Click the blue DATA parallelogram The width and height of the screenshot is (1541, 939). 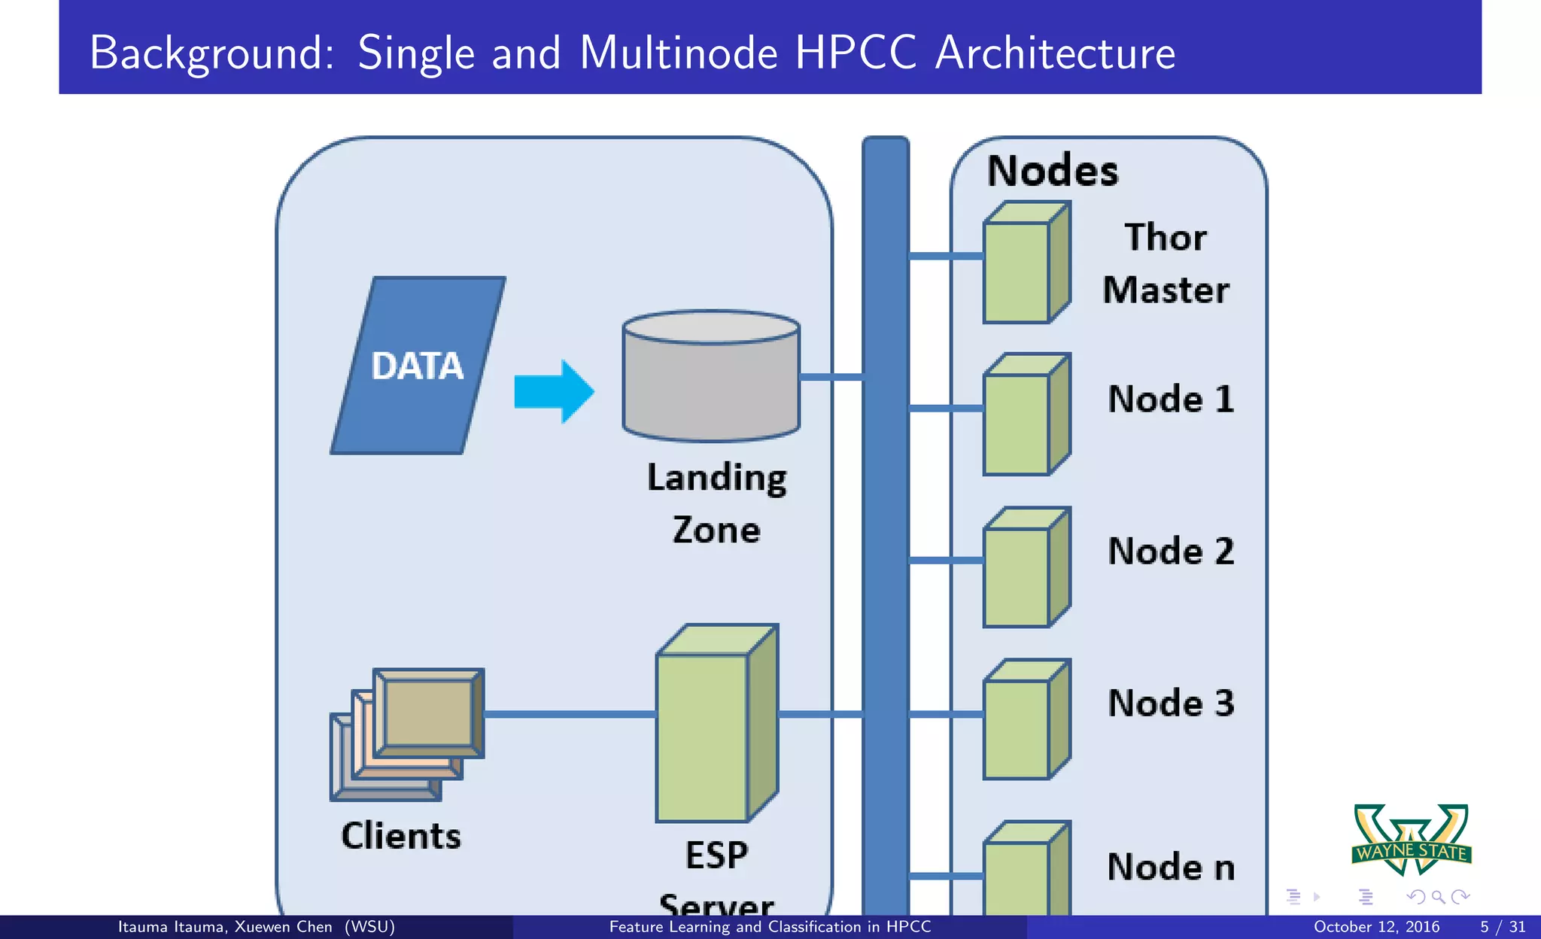(x=418, y=366)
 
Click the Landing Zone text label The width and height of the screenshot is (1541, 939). (x=716, y=503)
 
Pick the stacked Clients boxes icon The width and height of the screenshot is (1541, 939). (x=408, y=734)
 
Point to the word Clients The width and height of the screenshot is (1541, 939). (x=401, y=836)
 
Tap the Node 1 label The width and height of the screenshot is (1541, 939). (x=1171, y=399)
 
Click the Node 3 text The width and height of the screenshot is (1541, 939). (x=1171, y=703)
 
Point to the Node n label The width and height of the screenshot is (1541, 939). (x=1171, y=867)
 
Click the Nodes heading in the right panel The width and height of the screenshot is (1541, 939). (x=1052, y=171)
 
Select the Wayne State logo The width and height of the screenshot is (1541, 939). (x=1412, y=839)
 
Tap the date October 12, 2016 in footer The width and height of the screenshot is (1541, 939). (x=1376, y=927)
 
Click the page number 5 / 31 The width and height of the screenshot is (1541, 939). (x=1502, y=927)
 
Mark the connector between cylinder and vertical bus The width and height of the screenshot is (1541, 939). (x=831, y=376)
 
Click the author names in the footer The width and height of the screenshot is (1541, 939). (x=256, y=927)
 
